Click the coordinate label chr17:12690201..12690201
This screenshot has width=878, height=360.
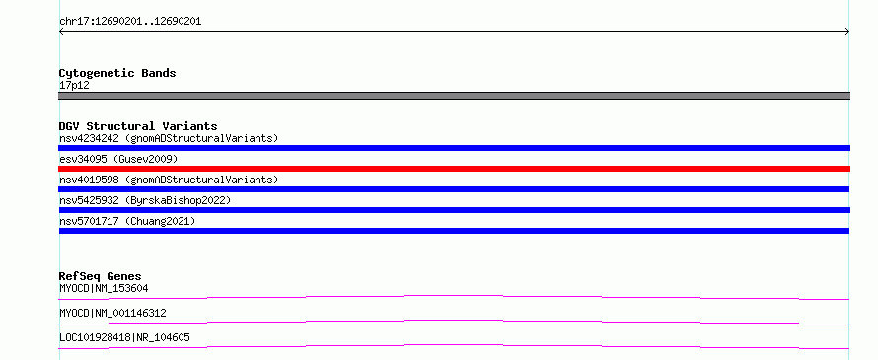130,22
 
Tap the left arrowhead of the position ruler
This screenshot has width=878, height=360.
60,32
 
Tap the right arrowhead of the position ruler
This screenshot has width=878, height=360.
847,32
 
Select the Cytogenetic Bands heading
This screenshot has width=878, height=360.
117,73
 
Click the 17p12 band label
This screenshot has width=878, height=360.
74,86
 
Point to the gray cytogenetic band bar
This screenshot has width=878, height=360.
454,96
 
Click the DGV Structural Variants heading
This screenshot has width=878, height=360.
138,126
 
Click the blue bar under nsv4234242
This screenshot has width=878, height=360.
454,148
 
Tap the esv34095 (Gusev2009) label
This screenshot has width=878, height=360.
118,159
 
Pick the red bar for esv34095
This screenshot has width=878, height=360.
454,169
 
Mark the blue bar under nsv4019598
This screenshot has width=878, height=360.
454,189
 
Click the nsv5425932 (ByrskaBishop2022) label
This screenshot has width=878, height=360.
145,200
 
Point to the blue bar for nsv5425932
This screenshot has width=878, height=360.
454,210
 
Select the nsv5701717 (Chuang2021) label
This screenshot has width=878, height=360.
127,221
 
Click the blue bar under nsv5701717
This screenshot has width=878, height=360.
454,231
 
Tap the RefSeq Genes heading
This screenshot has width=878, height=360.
101,276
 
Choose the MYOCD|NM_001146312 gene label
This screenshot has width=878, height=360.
112,313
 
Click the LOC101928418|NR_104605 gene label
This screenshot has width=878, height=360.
124,337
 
